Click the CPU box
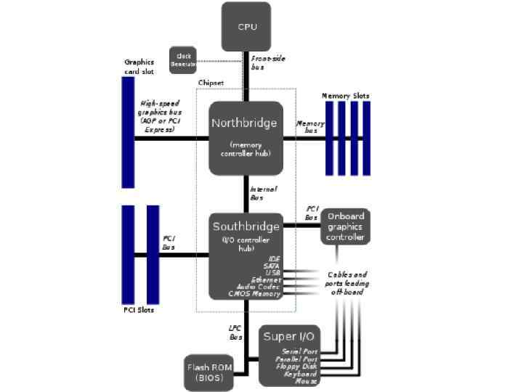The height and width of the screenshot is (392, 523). [x=246, y=27]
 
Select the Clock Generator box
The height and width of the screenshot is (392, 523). [x=183, y=60]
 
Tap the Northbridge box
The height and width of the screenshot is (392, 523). [x=246, y=138]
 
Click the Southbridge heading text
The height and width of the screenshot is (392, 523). [x=245, y=226]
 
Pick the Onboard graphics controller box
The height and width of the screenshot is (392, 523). [x=345, y=227]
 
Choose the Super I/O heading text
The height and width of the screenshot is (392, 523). [x=288, y=336]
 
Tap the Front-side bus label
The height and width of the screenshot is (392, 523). [x=267, y=62]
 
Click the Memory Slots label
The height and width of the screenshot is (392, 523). [x=346, y=96]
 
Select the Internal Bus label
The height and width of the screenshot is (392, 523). [x=263, y=193]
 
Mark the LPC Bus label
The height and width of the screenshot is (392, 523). [x=235, y=332]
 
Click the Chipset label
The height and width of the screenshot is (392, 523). [x=211, y=83]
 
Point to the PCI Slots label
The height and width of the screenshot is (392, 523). [x=139, y=311]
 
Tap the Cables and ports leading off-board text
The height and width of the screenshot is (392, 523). [x=347, y=283]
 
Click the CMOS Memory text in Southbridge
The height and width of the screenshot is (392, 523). [x=254, y=294]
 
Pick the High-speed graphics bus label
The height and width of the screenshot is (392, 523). [x=160, y=116]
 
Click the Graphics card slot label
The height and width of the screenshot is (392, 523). [x=139, y=67]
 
